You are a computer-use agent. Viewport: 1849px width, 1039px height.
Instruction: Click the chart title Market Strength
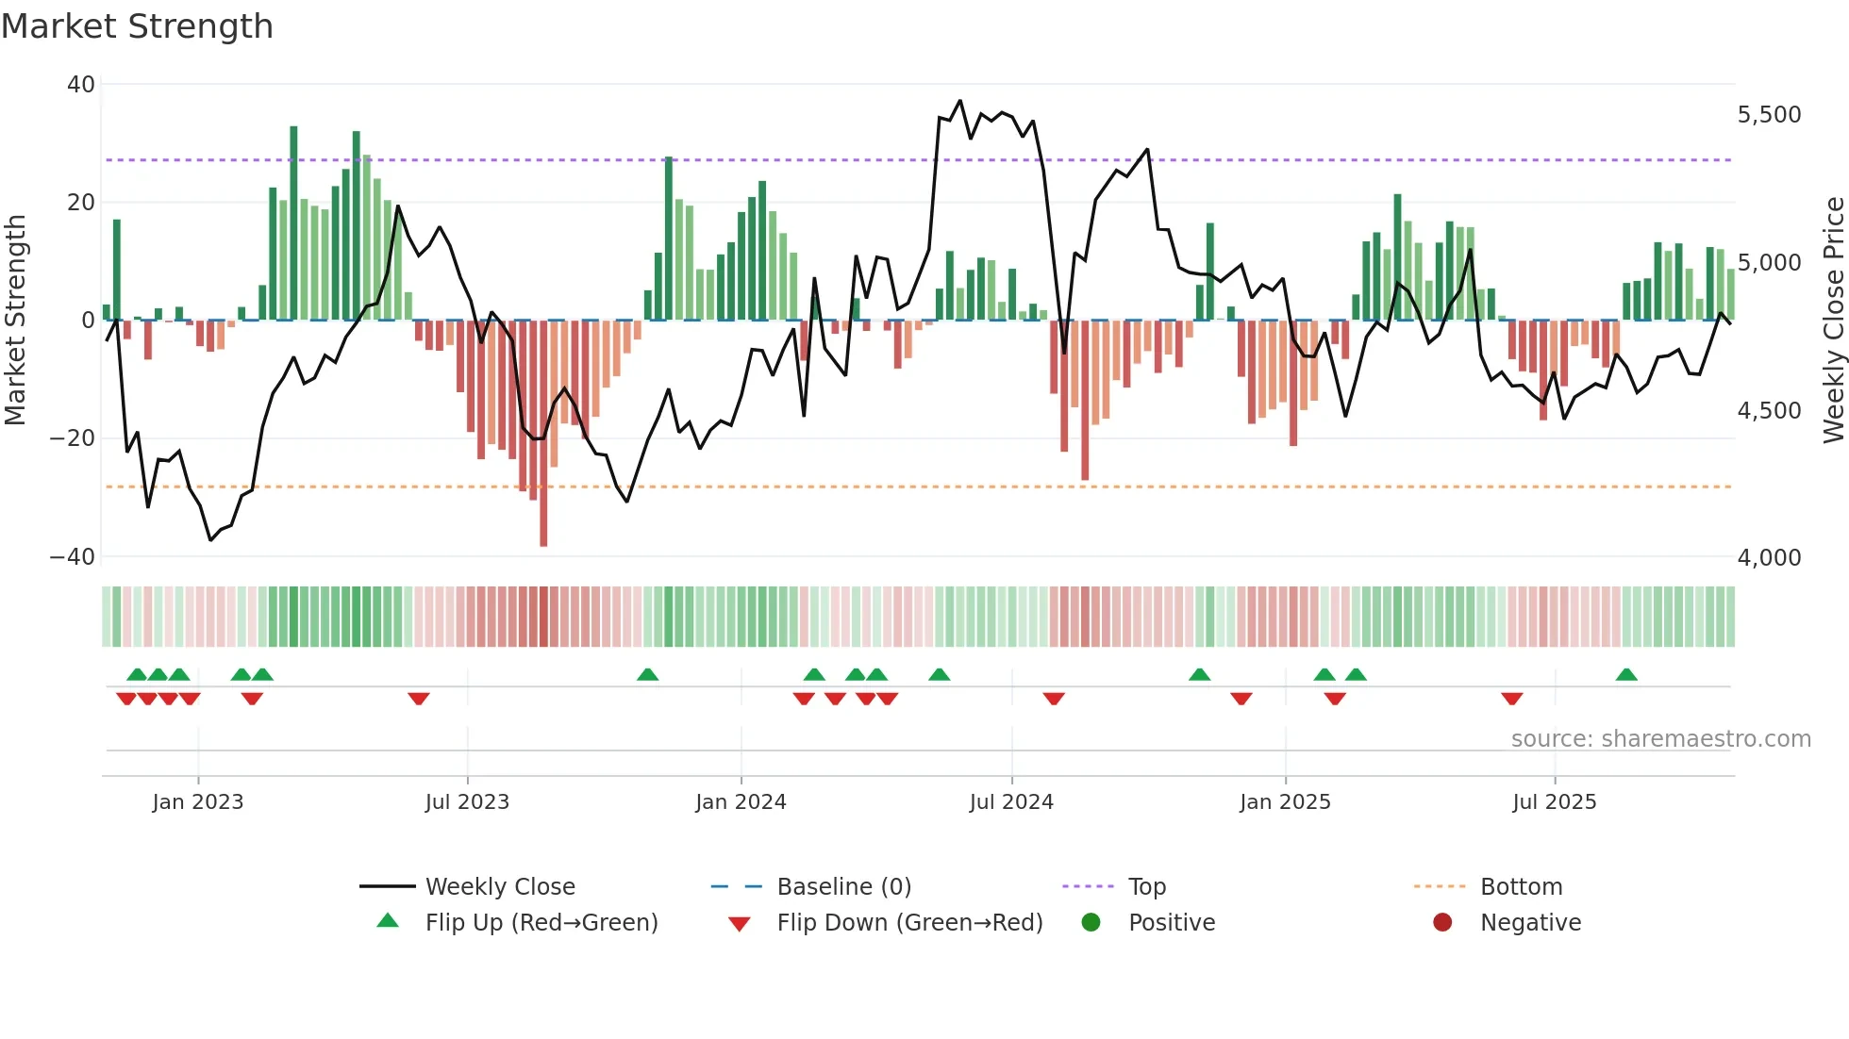click(137, 26)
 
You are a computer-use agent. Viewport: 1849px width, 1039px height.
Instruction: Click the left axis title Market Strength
click(16, 320)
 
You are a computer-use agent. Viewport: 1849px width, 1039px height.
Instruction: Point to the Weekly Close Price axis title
click(1833, 320)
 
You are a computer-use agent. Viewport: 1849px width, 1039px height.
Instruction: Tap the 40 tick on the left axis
click(81, 85)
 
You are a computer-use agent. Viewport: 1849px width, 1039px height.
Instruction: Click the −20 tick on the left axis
click(73, 438)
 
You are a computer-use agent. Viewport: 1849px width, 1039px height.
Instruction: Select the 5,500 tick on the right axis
click(1769, 115)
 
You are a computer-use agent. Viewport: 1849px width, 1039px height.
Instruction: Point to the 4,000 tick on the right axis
click(1769, 557)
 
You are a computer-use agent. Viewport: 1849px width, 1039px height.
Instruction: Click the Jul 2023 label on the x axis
click(467, 802)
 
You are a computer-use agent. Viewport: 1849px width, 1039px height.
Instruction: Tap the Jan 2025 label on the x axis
click(1285, 802)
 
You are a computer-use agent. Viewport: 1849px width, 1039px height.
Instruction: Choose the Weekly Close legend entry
click(499, 887)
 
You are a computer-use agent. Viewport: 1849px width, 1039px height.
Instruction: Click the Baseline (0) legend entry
click(843, 887)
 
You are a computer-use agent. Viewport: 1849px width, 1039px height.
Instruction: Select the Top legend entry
click(1146, 887)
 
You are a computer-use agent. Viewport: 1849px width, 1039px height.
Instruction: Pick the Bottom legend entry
click(1521, 887)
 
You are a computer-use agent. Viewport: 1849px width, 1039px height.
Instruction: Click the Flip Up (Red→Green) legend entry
click(541, 923)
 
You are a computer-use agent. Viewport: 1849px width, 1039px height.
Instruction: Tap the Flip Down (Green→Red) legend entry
click(909, 923)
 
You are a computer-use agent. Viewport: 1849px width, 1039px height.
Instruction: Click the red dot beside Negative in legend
click(1442, 922)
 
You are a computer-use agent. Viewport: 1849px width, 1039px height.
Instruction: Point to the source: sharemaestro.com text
click(1660, 739)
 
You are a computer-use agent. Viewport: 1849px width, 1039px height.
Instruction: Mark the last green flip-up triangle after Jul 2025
click(1626, 675)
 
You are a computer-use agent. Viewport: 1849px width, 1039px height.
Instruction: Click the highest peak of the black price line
click(959, 101)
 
